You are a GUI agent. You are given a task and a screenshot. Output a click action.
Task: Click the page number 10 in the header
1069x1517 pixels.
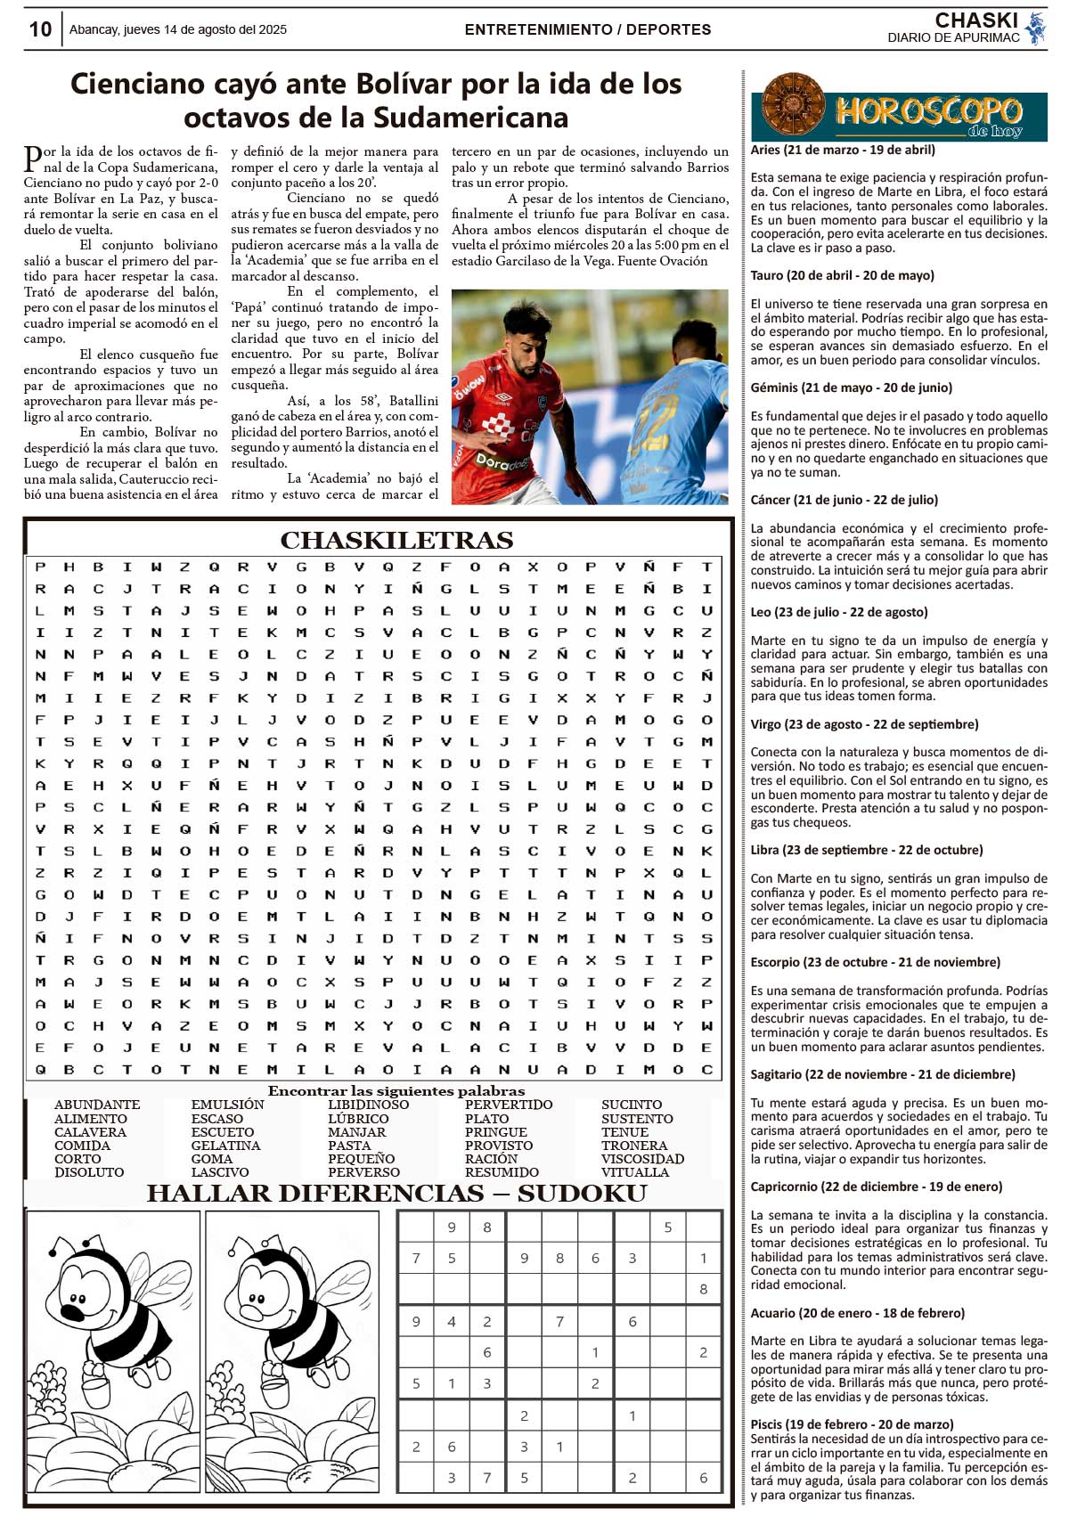click(40, 29)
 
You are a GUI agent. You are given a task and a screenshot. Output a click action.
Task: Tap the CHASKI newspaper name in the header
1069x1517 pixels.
click(976, 20)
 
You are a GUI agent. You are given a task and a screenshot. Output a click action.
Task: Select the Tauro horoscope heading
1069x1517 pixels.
click(842, 275)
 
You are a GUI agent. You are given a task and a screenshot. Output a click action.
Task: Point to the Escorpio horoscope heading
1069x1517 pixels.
click(875, 962)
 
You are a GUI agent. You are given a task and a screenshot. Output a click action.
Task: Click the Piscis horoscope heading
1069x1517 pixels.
click(852, 1424)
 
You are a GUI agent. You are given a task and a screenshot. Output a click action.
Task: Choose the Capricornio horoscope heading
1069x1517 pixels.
click(876, 1187)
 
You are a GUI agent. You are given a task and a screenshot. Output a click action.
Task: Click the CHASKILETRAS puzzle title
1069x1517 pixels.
click(396, 541)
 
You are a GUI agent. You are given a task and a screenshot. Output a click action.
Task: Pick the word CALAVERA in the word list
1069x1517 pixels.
click(90, 1132)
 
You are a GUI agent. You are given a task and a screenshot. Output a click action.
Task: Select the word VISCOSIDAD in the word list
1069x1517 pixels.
click(642, 1159)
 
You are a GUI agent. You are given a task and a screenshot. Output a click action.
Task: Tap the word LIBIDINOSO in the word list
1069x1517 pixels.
click(368, 1105)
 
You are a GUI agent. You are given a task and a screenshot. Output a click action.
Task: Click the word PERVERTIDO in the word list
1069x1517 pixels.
click(509, 1105)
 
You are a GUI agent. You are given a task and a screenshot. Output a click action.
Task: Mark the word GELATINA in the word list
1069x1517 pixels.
click(225, 1146)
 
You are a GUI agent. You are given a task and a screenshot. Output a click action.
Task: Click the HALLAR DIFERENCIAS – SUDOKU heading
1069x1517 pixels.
click(396, 1194)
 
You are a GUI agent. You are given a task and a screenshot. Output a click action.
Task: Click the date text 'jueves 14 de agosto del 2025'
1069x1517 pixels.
click(205, 29)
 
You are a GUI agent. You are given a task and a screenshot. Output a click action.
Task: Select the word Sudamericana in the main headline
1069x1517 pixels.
click(470, 118)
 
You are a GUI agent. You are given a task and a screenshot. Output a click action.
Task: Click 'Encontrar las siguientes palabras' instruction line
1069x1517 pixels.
click(396, 1091)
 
